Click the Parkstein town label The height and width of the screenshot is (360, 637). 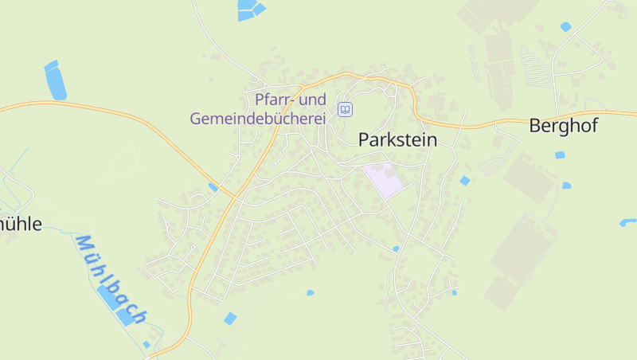398,139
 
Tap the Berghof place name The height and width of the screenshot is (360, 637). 563,125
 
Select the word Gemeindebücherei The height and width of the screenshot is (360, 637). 259,119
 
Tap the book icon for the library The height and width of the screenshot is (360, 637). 345,109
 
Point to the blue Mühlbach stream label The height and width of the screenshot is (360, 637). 110,279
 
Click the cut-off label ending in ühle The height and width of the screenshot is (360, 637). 19,224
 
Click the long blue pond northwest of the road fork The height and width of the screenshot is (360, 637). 55,80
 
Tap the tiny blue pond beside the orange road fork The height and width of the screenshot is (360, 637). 213,187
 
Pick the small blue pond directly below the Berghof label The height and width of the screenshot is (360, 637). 560,154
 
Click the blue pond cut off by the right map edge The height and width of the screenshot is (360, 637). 628,221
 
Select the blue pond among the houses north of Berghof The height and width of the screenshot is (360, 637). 565,27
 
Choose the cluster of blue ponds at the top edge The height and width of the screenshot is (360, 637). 249,10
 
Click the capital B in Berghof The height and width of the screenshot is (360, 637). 536,125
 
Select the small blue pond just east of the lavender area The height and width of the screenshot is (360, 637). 465,181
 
